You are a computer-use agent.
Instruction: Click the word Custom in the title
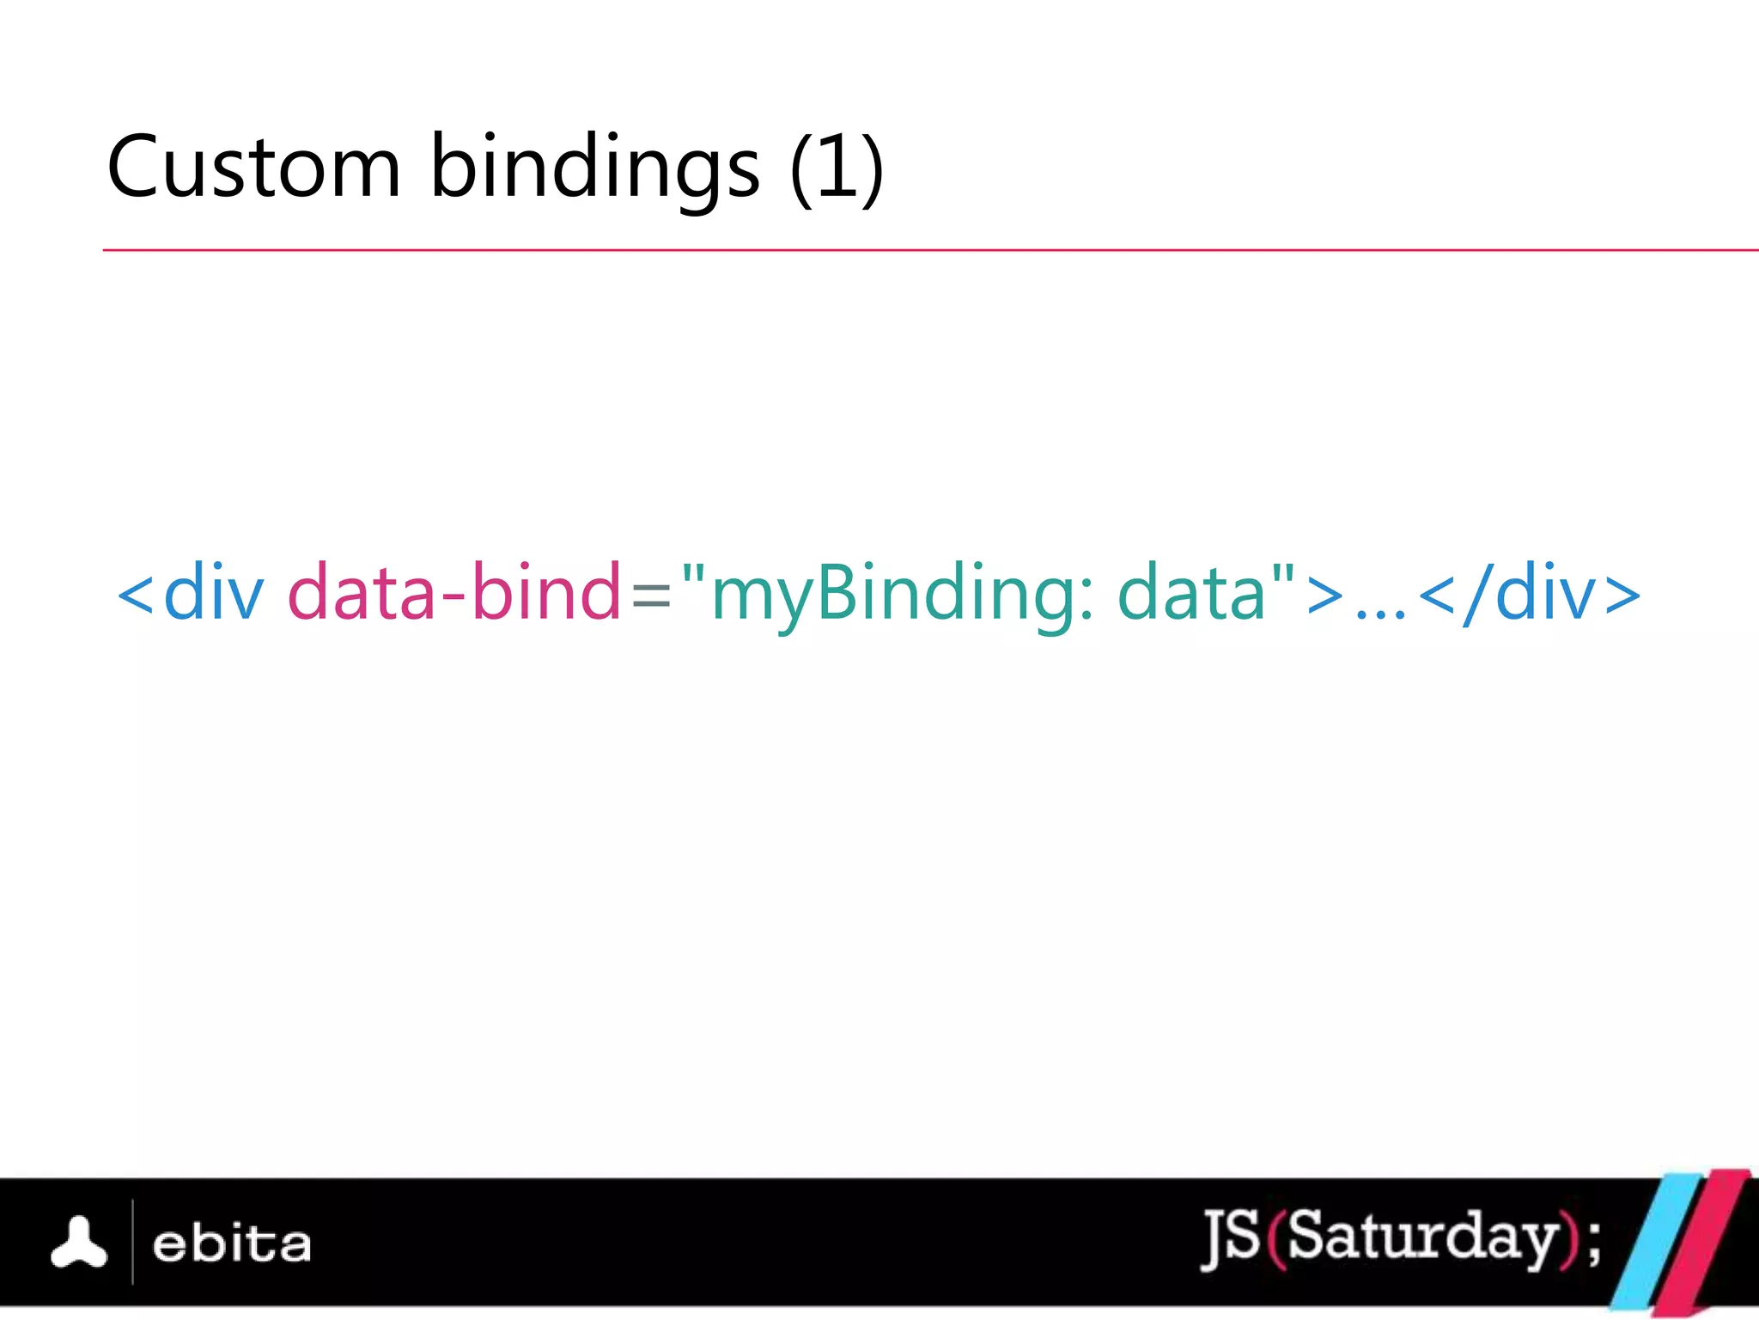click(x=254, y=167)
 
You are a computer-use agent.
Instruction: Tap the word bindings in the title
click(x=594, y=167)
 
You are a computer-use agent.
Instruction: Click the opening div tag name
click(x=213, y=592)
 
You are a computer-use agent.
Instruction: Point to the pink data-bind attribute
click(x=453, y=592)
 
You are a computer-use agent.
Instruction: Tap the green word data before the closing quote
click(x=1192, y=592)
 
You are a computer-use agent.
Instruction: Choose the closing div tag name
click(x=1544, y=592)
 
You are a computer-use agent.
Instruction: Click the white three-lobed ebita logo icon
click(x=79, y=1243)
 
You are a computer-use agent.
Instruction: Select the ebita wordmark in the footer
click(x=232, y=1244)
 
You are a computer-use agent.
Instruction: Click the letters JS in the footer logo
click(x=1232, y=1237)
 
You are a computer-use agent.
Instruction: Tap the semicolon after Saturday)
click(x=1594, y=1243)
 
